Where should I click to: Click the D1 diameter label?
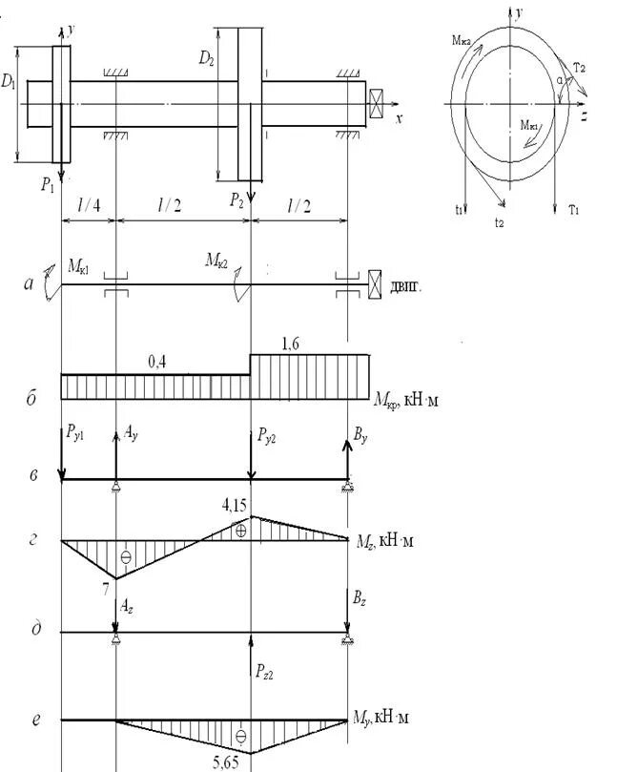click(9, 82)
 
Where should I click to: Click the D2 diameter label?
click(206, 59)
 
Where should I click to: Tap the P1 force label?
click(48, 186)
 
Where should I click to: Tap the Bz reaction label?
click(359, 600)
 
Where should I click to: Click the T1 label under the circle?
click(572, 209)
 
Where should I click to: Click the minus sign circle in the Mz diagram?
click(125, 556)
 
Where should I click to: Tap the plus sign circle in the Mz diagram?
click(240, 528)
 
